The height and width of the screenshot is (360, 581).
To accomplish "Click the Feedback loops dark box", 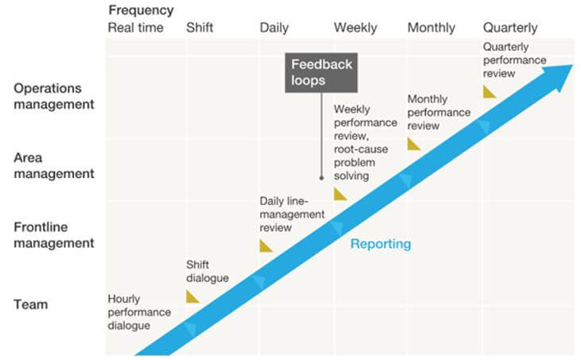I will [x=320, y=72].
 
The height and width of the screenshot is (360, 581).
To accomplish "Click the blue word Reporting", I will [x=381, y=244].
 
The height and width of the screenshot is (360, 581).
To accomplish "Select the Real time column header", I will [x=135, y=28].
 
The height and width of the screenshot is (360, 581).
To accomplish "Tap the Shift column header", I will [x=199, y=28].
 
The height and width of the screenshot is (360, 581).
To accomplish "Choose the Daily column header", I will [x=274, y=28].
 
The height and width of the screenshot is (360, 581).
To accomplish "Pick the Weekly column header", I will [x=355, y=28].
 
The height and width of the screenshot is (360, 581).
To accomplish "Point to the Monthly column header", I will [x=431, y=28].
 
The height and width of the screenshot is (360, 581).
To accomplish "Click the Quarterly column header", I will [x=510, y=28].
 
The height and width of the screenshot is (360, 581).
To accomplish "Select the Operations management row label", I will [x=53, y=95].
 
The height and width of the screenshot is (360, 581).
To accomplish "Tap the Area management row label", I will [x=53, y=165].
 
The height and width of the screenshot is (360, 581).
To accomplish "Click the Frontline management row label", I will [x=53, y=235].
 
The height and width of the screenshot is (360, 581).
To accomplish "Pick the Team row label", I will [x=30, y=304].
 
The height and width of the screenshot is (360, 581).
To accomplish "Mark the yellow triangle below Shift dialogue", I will [x=192, y=296].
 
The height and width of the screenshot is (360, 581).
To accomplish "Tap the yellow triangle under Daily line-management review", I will [x=265, y=246].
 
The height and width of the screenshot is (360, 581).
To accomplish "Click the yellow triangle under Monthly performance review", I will [x=413, y=144].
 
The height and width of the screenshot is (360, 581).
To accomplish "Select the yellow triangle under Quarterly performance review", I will [x=490, y=92].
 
